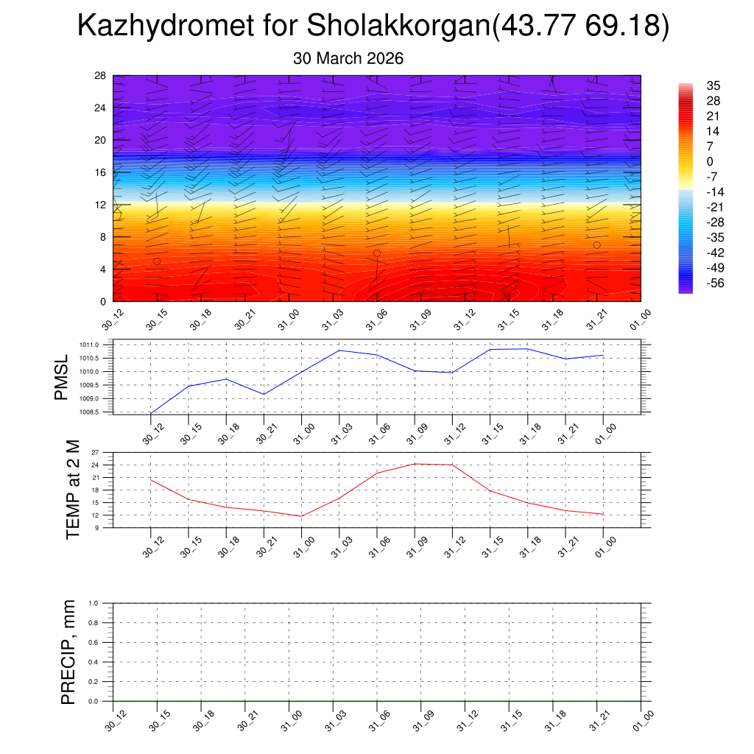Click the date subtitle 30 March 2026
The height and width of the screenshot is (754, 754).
tap(348, 58)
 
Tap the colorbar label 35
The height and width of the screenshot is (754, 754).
tap(713, 85)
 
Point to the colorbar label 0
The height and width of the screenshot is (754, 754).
tap(710, 162)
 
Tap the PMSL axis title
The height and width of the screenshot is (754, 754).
tap(61, 376)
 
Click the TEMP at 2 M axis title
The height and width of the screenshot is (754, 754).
tap(72, 490)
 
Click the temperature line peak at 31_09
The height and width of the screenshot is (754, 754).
tap(415, 464)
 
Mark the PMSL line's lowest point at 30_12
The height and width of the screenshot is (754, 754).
tap(151, 413)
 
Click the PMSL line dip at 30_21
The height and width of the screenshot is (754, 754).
tap(264, 395)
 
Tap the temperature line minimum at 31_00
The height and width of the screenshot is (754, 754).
tap(302, 516)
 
